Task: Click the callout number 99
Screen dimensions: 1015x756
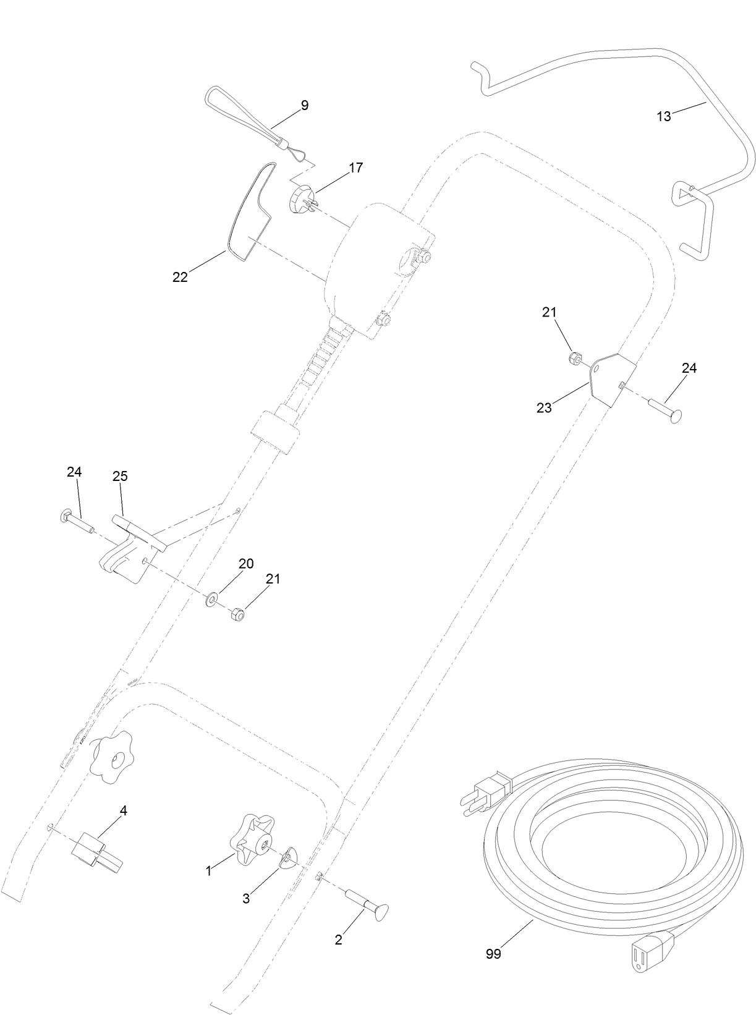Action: (x=493, y=954)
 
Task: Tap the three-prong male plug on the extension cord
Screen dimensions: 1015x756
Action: (x=485, y=797)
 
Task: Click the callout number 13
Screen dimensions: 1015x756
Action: (x=663, y=116)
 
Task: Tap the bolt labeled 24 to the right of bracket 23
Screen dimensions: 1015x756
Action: (x=665, y=410)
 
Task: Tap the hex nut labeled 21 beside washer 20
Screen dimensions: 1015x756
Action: (x=236, y=614)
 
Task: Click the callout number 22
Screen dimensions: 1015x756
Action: (x=180, y=278)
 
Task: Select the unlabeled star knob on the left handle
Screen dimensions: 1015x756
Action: (x=111, y=757)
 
